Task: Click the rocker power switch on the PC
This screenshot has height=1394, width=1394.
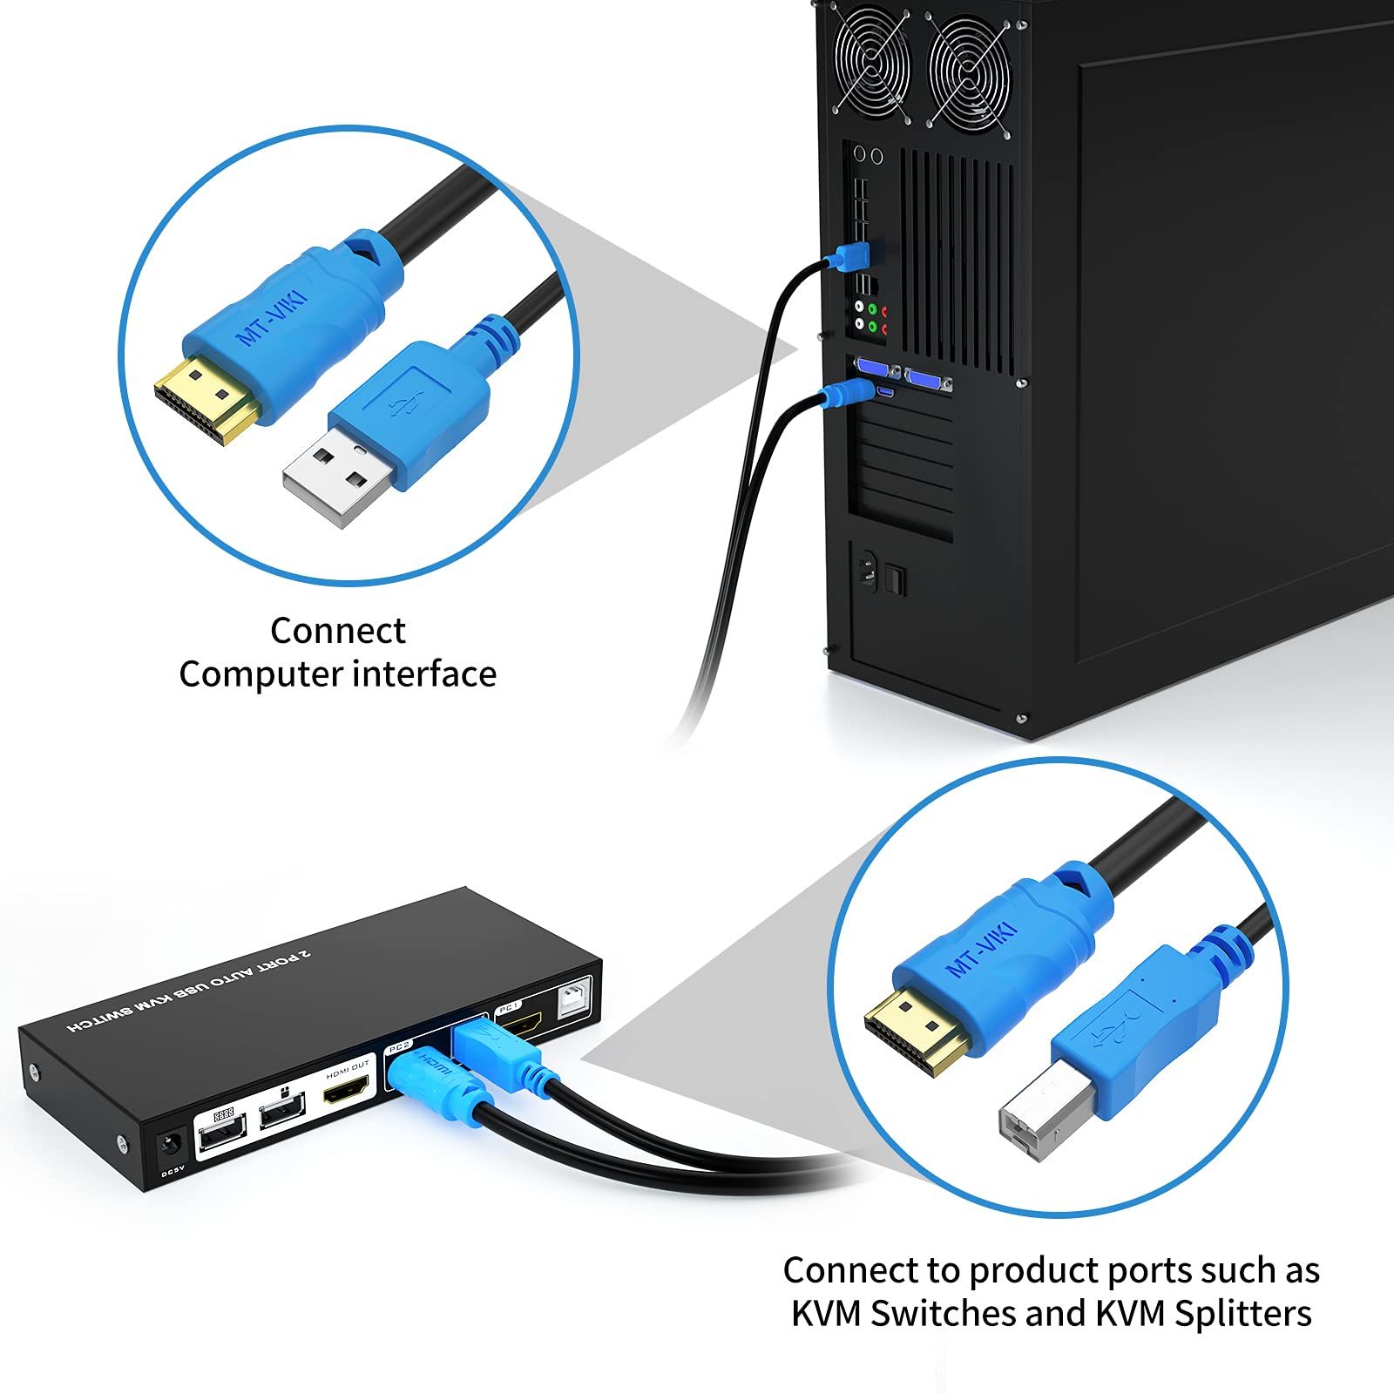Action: click(x=896, y=580)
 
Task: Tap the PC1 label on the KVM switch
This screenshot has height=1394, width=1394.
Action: click(x=509, y=1008)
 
